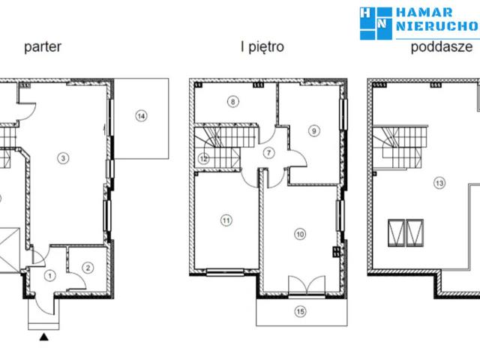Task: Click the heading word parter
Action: point(43,46)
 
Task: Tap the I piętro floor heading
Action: point(262,46)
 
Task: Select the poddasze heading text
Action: point(442,46)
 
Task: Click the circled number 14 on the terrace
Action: point(141,116)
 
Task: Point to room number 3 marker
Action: point(63,158)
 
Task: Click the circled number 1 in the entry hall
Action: point(50,276)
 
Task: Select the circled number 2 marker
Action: point(88,268)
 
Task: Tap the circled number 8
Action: point(233,101)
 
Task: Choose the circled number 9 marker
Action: point(313,130)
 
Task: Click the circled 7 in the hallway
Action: point(268,153)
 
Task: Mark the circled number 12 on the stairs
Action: point(203,158)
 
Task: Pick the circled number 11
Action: point(226,220)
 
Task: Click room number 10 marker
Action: point(300,234)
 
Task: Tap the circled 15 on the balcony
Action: point(300,312)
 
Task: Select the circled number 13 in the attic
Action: point(439,183)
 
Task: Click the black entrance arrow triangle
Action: point(44,337)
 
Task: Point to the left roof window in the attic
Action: point(397,232)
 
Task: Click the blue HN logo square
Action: point(376,23)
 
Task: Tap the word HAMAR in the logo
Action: point(424,13)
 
